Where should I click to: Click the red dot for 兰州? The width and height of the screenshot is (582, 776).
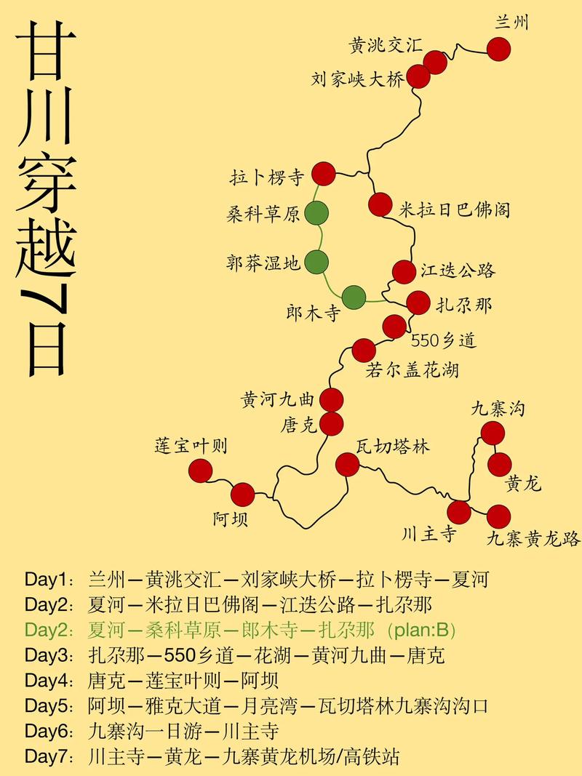click(x=498, y=49)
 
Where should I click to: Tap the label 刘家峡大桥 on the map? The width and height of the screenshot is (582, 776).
click(x=357, y=79)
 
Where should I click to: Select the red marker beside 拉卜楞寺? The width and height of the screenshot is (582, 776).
click(x=324, y=175)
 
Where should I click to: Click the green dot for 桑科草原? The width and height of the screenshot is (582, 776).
click(x=316, y=214)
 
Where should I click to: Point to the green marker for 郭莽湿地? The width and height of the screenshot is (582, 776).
click(x=316, y=260)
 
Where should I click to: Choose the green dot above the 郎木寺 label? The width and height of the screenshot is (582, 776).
click(x=354, y=297)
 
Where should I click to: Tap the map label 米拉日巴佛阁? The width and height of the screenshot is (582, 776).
click(x=455, y=209)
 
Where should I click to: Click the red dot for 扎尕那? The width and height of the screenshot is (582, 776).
click(x=418, y=303)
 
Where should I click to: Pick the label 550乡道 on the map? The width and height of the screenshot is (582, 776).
click(x=443, y=340)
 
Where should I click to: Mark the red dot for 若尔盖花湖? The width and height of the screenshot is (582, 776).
click(x=364, y=351)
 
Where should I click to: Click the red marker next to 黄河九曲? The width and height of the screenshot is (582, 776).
click(x=331, y=399)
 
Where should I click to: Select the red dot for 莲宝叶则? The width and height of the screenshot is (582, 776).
click(x=200, y=471)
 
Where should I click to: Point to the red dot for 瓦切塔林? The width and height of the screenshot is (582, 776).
click(x=348, y=464)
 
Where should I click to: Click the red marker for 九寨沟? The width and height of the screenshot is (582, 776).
click(x=493, y=433)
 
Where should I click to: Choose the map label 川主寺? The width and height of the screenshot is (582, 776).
click(x=429, y=535)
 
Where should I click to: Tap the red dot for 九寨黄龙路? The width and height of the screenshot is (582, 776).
click(x=498, y=516)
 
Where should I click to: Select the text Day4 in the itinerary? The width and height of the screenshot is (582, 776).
click(x=46, y=681)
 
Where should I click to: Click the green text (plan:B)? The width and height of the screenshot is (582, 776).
click(x=422, y=630)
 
